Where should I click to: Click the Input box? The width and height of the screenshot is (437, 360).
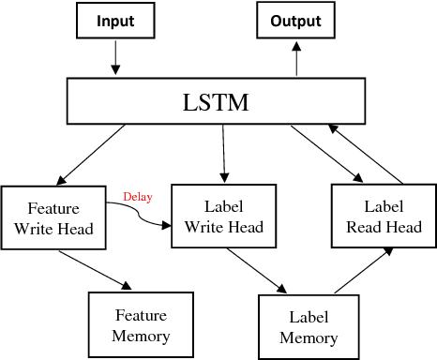pos(114,21)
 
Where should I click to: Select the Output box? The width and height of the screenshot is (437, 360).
pos(295,21)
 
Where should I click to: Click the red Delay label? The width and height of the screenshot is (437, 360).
pos(137,197)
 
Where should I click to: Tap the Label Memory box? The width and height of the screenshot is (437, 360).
pos(308,325)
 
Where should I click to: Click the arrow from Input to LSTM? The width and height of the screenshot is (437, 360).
pos(114,58)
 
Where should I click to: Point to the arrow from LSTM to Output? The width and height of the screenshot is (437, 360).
pos(296,61)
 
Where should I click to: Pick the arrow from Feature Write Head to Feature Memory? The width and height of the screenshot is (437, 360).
pos(93,268)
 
